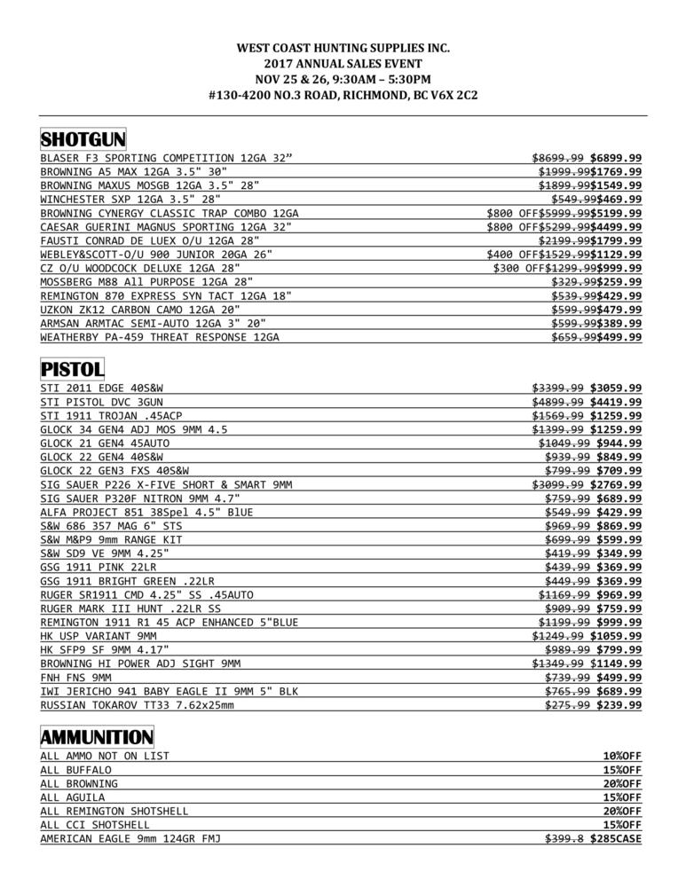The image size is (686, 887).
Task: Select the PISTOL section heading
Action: click(73, 368)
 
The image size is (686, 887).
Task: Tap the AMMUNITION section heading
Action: click(98, 737)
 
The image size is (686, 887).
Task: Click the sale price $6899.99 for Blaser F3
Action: click(616, 159)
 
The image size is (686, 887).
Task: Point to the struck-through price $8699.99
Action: click(557, 159)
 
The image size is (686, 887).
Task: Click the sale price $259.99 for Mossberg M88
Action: click(619, 282)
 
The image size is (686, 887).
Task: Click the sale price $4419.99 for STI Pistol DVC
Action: click(616, 402)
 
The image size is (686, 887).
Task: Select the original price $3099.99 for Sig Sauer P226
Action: click(557, 484)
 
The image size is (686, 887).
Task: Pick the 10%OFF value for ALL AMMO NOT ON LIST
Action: click(622, 756)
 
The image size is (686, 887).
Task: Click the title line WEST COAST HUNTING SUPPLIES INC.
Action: click(343, 48)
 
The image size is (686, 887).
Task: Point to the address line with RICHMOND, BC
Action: click(343, 95)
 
